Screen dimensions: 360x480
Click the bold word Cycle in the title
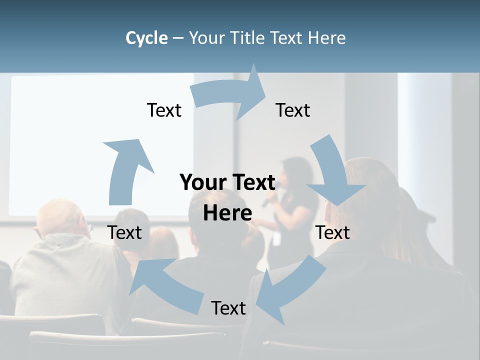pos(146,38)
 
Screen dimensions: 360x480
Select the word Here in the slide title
pos(326,38)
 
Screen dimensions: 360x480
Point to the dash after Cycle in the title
pos(178,38)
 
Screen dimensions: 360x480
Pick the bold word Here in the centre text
pos(227,213)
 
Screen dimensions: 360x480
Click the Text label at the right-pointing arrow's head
pos(293,110)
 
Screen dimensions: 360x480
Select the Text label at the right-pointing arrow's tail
pos(164,110)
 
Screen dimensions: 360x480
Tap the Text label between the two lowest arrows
pos(228,308)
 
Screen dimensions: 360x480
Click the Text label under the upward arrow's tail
pos(125,232)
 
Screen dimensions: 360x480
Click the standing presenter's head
pos(295,172)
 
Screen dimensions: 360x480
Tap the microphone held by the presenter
pos(268,200)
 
